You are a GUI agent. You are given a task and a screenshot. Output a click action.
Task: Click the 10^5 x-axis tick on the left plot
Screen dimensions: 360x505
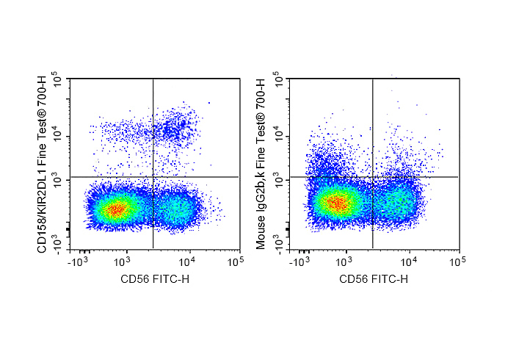tap(235, 261)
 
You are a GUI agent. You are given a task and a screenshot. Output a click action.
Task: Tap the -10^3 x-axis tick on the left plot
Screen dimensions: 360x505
tap(79, 261)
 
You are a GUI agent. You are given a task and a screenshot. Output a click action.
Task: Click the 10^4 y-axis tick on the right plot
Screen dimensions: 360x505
tap(278, 134)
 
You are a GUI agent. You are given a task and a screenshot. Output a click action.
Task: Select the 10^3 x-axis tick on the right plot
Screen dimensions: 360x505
tap(345, 261)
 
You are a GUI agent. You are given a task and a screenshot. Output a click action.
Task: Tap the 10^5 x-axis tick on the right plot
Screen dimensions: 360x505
tap(455, 261)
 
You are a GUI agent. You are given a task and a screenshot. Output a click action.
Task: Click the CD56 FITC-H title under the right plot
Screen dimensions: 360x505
tap(374, 280)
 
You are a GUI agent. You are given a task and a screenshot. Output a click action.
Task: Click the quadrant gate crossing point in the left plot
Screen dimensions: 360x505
tap(153, 177)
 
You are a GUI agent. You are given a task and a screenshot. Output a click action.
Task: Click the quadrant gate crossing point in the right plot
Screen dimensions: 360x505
tap(373, 177)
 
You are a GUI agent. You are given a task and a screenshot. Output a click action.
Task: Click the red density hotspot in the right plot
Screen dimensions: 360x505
tap(338, 203)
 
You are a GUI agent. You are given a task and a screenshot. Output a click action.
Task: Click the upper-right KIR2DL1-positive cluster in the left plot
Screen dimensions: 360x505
tap(176, 128)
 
